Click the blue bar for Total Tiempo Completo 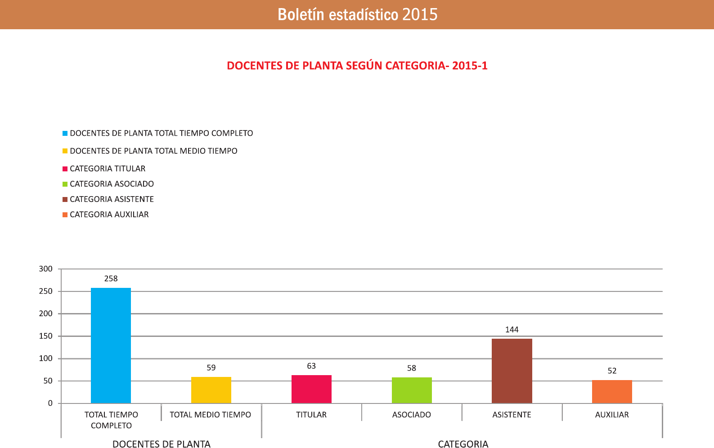tap(111, 345)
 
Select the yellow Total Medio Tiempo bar tap(211, 390)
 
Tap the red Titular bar tap(311, 389)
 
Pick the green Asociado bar tap(412, 390)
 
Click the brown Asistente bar tap(512, 371)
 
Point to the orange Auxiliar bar tap(612, 391)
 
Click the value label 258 tap(111, 279)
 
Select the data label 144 tap(512, 330)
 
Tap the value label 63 tap(311, 366)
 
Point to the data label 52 tap(612, 371)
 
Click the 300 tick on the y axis tap(46, 269)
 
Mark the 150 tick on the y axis tap(46, 336)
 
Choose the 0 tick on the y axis tap(50, 403)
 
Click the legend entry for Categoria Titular tap(108, 169)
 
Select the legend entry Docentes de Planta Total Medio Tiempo tap(153, 151)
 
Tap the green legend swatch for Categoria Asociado tap(65, 184)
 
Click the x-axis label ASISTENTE tap(512, 415)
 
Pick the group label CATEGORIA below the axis tap(463, 444)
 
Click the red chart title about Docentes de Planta tap(357, 66)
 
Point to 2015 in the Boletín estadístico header tap(420, 14)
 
